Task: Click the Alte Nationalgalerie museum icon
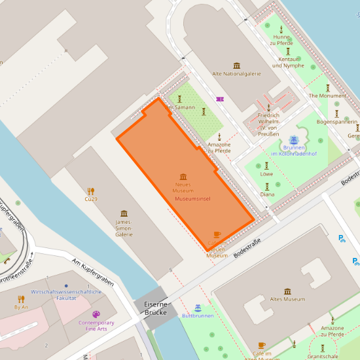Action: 236,65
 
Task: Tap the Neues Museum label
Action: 183,188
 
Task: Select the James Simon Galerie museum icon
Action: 124,213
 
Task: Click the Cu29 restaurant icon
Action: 90,192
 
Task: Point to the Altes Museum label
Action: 287,299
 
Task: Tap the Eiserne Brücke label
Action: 151,308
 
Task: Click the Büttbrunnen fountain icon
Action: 198,307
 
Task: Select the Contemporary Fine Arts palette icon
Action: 96,314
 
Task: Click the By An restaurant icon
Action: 21,299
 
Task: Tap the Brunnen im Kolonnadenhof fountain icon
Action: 294,139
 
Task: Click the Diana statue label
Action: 267,194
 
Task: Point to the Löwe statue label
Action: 266,174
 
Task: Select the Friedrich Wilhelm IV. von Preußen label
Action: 268,124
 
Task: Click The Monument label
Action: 327,96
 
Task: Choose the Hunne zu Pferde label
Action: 281,41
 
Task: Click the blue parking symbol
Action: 341,239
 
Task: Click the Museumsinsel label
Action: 192,198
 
